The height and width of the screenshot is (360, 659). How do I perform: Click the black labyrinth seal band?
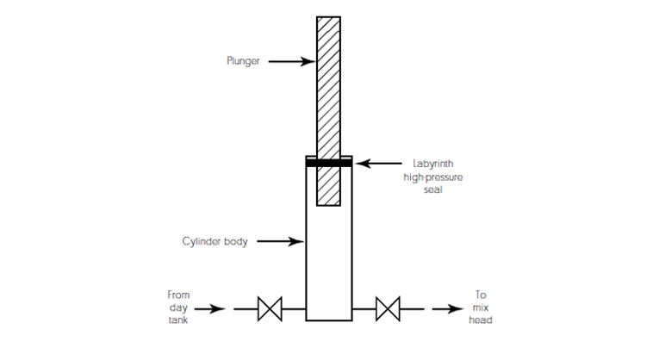coord(328,162)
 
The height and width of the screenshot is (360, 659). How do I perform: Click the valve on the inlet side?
coord(270,307)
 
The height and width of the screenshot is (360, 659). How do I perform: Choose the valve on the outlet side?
coord(388,307)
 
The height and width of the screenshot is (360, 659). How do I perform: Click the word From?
coord(179,295)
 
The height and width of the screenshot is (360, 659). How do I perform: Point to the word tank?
coord(179,320)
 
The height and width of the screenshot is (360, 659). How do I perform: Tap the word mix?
coord(481,307)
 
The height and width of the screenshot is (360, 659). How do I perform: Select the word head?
coord(481,320)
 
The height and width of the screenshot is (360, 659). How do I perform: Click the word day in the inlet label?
coord(179,307)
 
